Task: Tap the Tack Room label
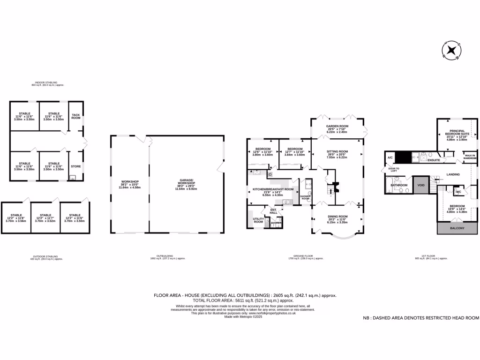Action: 75,116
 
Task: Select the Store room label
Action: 75,166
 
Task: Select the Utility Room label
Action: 258,220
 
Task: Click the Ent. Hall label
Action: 273,211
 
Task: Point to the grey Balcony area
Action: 457,228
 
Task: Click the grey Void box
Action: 420,185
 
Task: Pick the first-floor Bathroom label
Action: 399,185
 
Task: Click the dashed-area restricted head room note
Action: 421,318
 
